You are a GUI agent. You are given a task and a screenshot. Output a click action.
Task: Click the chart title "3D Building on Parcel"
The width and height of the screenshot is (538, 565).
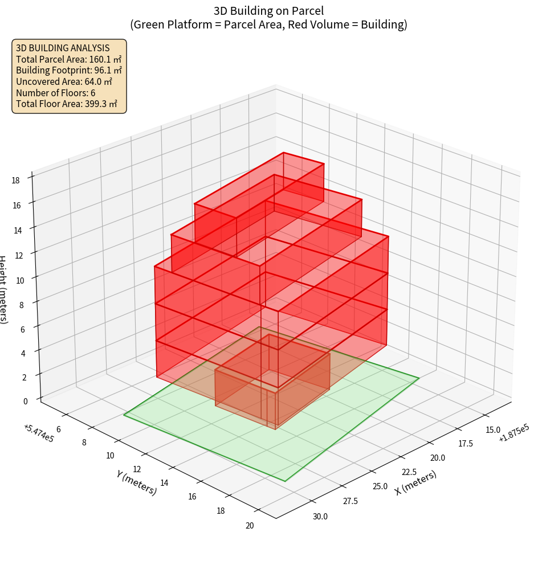(269, 11)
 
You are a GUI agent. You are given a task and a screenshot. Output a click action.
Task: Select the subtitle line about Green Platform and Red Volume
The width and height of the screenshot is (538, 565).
(269, 24)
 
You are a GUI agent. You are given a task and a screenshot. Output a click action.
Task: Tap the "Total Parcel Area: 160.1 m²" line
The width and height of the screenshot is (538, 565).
(69, 59)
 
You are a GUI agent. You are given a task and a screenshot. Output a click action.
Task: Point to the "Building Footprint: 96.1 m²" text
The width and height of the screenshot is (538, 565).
(69, 70)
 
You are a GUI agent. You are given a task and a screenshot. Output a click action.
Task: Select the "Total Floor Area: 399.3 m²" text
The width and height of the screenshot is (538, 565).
(67, 104)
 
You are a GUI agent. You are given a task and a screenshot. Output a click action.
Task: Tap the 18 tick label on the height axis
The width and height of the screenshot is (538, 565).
(15, 181)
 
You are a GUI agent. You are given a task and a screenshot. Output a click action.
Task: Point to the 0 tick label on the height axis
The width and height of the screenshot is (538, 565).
(25, 401)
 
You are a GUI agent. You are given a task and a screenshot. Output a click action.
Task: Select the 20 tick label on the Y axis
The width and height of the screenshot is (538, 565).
(249, 525)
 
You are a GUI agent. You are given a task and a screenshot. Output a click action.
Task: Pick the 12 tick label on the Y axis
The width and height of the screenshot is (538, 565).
(137, 469)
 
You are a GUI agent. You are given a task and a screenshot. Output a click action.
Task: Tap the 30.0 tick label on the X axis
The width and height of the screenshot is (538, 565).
(320, 517)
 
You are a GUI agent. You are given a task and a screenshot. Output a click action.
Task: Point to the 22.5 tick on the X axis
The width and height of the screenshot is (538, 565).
(409, 472)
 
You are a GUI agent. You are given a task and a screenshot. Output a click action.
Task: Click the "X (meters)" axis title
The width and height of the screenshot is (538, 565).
(416, 482)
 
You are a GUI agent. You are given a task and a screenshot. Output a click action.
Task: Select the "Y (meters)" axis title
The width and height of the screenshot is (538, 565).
(136, 482)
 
